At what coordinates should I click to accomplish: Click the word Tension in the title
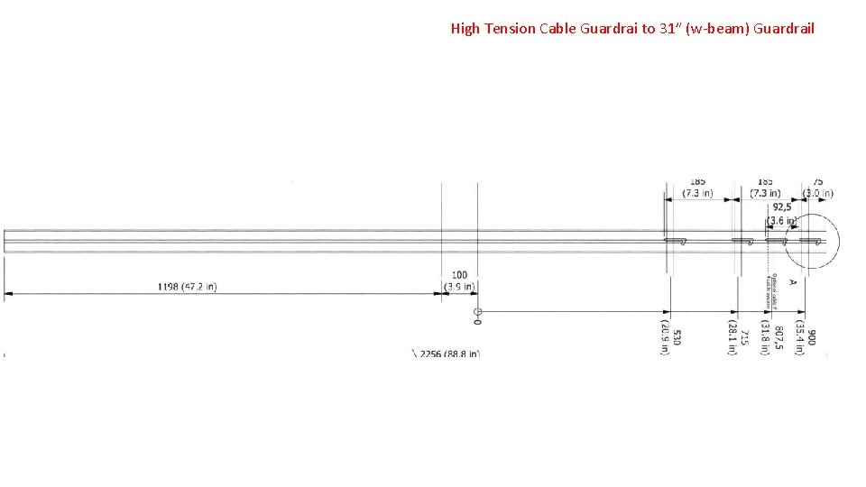point(510,29)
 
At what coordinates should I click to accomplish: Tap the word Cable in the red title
point(557,29)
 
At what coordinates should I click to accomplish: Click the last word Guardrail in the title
point(783,29)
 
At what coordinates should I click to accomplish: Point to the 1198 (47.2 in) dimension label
point(187,287)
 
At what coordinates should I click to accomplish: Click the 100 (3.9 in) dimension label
point(459,280)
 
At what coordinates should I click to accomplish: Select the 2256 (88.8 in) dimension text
point(447,354)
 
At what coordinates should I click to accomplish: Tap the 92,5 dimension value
point(781,207)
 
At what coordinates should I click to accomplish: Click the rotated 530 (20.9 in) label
point(670,337)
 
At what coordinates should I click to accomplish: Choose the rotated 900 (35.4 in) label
point(806,337)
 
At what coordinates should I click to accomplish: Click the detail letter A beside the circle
point(793,282)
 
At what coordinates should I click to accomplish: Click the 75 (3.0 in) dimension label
point(818,187)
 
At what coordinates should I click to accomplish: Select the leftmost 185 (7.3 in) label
point(697,187)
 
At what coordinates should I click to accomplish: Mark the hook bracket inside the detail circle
point(811,241)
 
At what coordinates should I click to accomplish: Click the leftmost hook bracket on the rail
point(676,241)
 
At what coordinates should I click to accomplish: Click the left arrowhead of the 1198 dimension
point(7,293)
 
